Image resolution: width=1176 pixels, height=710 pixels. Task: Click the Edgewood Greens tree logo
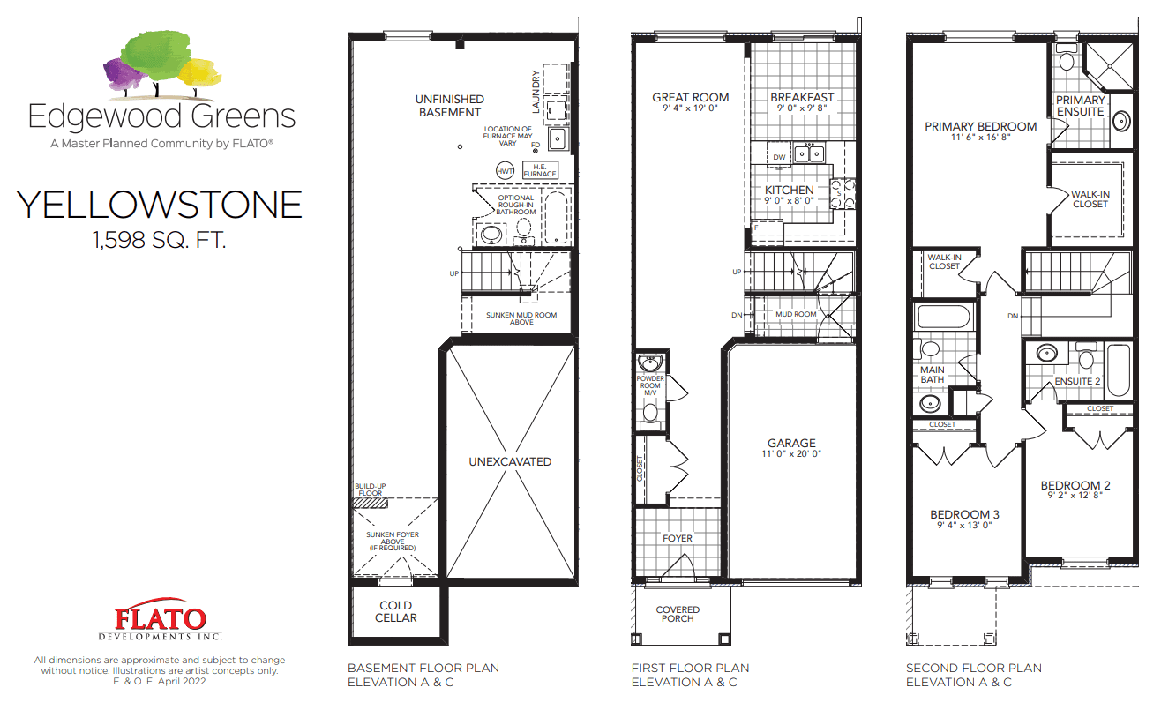[x=162, y=65]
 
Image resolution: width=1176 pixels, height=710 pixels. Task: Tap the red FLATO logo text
[x=161, y=618]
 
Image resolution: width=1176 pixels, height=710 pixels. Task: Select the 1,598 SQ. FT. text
[x=160, y=240]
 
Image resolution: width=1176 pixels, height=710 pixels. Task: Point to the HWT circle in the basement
[x=505, y=171]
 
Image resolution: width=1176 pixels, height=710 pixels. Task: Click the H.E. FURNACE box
[x=540, y=170]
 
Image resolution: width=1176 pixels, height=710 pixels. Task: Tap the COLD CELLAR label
[x=396, y=611]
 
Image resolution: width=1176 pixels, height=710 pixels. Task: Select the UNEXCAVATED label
[x=510, y=462]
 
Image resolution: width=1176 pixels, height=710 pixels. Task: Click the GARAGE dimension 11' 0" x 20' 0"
[x=791, y=454]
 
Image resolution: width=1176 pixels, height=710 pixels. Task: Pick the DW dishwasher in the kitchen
[x=779, y=156]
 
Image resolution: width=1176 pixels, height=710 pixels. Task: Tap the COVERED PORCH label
[x=678, y=614]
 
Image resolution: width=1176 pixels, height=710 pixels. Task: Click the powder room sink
[x=650, y=362]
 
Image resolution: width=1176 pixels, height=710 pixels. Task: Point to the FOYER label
[x=678, y=538]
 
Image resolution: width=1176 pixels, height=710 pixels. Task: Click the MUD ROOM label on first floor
[x=796, y=314]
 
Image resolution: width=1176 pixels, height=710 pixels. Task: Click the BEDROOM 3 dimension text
[x=964, y=525]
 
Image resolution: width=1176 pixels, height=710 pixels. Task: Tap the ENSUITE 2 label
[x=1077, y=382]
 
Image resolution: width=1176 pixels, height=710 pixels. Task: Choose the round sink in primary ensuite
[x=1121, y=122]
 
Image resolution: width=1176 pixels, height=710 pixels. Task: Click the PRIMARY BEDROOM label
[x=981, y=126]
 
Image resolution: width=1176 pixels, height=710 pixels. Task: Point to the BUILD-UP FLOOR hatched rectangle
[x=371, y=504]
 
